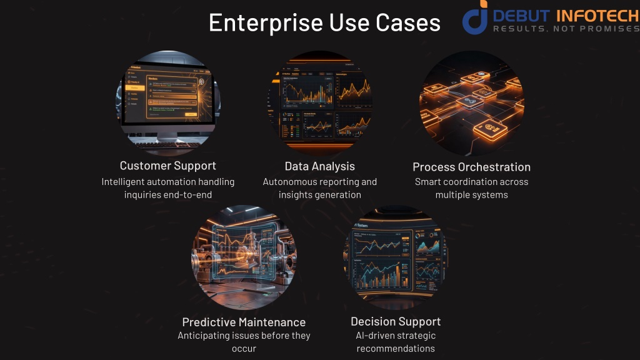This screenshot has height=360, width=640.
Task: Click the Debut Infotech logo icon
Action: [x=474, y=19]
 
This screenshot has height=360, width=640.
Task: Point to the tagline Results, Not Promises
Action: [x=566, y=29]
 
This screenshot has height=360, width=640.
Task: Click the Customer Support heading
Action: [x=168, y=166]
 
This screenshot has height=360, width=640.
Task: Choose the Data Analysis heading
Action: [x=319, y=166]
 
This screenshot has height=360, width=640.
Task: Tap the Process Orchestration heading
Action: [x=471, y=167]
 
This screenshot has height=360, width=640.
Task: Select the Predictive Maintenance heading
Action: [x=244, y=322]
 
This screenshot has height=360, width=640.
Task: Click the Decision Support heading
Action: [x=396, y=321]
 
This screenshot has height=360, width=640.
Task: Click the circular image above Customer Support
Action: [x=168, y=103]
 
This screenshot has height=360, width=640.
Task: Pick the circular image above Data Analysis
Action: [x=319, y=103]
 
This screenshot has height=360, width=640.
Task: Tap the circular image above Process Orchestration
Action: [x=471, y=103]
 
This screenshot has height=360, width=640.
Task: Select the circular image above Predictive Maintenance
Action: [x=244, y=258]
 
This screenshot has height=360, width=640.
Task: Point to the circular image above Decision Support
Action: [x=396, y=258]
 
